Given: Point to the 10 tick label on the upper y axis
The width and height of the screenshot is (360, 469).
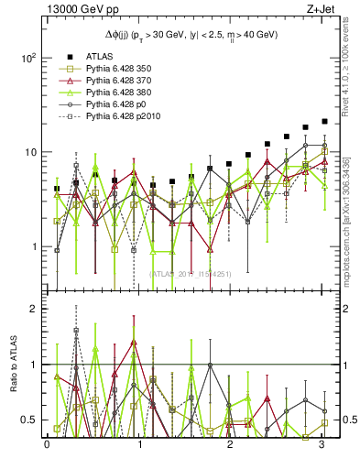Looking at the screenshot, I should coord(29,152).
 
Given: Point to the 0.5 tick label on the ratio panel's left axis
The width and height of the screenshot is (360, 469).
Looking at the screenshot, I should coord(28,420).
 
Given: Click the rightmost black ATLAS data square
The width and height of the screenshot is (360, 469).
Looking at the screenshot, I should coord(324,121).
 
